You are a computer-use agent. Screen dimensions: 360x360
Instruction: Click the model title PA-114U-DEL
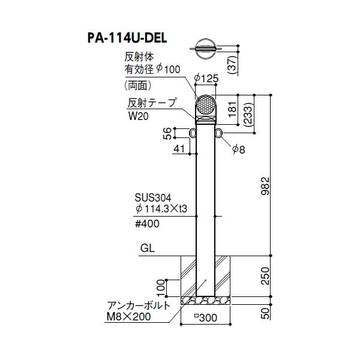(x=124, y=38)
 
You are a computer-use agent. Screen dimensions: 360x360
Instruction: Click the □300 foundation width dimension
(x=206, y=317)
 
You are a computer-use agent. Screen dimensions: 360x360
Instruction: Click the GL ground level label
(x=148, y=246)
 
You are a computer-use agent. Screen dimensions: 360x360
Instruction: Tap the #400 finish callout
(x=149, y=223)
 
